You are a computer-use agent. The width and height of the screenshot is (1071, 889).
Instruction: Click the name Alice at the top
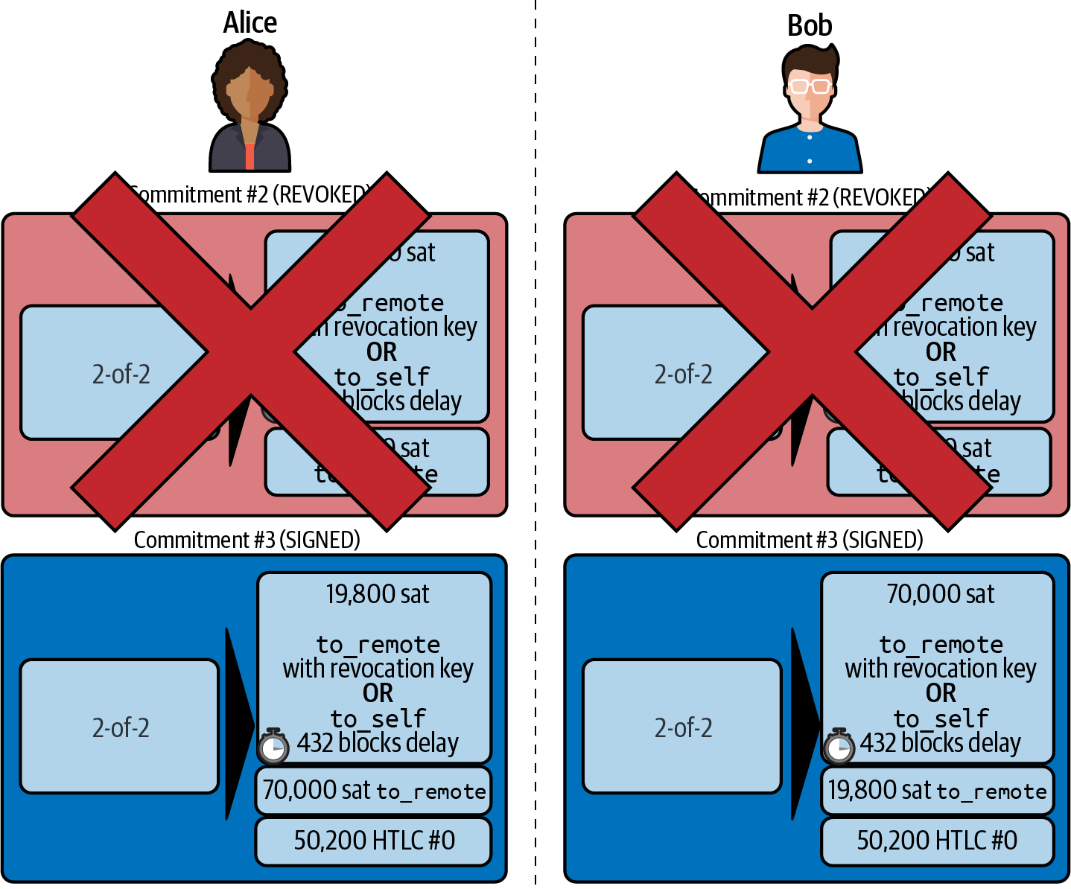coord(250,23)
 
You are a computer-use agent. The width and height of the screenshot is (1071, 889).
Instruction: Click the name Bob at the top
coord(810,26)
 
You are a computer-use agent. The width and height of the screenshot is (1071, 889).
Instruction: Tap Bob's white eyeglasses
coord(810,86)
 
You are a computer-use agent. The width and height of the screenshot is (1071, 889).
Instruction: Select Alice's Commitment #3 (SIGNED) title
coord(247,540)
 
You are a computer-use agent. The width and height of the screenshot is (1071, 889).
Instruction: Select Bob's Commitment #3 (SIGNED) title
coord(809,540)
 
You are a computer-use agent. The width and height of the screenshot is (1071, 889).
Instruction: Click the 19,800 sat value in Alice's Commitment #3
coord(377,594)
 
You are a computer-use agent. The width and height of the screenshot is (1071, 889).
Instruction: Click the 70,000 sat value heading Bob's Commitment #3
coord(940,594)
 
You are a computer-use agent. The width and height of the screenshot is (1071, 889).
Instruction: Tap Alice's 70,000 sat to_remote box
coord(374,791)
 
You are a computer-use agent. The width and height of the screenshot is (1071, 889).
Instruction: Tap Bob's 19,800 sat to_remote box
coord(937,791)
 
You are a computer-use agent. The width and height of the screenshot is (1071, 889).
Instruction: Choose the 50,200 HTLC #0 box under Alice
coord(374,841)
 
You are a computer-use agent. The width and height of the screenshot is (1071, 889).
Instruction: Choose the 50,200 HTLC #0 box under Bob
coord(937,841)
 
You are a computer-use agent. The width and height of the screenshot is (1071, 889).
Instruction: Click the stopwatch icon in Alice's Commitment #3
coord(273,746)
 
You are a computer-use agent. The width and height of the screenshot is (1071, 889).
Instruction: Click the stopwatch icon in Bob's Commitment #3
coord(839,746)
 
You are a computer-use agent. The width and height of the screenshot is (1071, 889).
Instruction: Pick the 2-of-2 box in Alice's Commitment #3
coord(120,727)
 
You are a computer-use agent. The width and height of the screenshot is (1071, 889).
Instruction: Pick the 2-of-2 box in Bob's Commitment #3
coord(682,727)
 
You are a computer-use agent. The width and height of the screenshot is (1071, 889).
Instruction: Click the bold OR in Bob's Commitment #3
coord(941,693)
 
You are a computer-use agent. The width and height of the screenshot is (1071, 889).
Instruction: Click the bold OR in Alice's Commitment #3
coord(378,693)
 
